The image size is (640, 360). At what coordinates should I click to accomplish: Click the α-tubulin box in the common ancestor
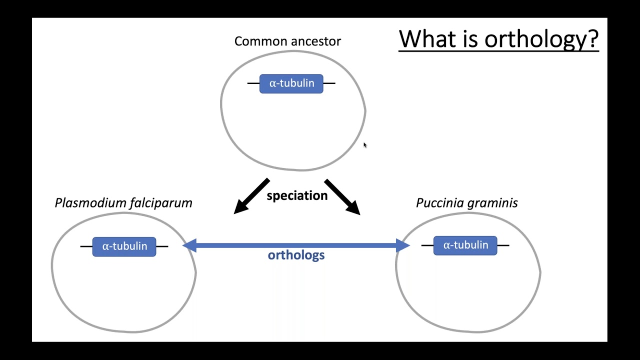click(x=291, y=83)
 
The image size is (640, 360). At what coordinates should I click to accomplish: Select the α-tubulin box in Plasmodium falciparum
click(x=124, y=246)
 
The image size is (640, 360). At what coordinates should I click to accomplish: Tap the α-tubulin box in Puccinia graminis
click(x=465, y=245)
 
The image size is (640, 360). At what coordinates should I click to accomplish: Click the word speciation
click(x=297, y=195)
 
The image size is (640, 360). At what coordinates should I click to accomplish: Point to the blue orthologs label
click(x=296, y=255)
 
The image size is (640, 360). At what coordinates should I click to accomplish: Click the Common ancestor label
click(x=287, y=41)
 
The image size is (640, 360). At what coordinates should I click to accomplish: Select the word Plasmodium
click(x=90, y=203)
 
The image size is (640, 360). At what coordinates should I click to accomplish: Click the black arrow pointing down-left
click(x=251, y=196)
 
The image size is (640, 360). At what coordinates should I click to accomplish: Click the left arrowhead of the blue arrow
click(x=189, y=245)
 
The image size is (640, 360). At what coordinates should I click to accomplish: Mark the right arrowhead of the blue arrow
click(x=403, y=245)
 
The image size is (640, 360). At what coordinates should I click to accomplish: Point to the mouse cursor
click(x=365, y=145)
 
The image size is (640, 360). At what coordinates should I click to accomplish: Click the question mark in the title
click(x=592, y=38)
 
